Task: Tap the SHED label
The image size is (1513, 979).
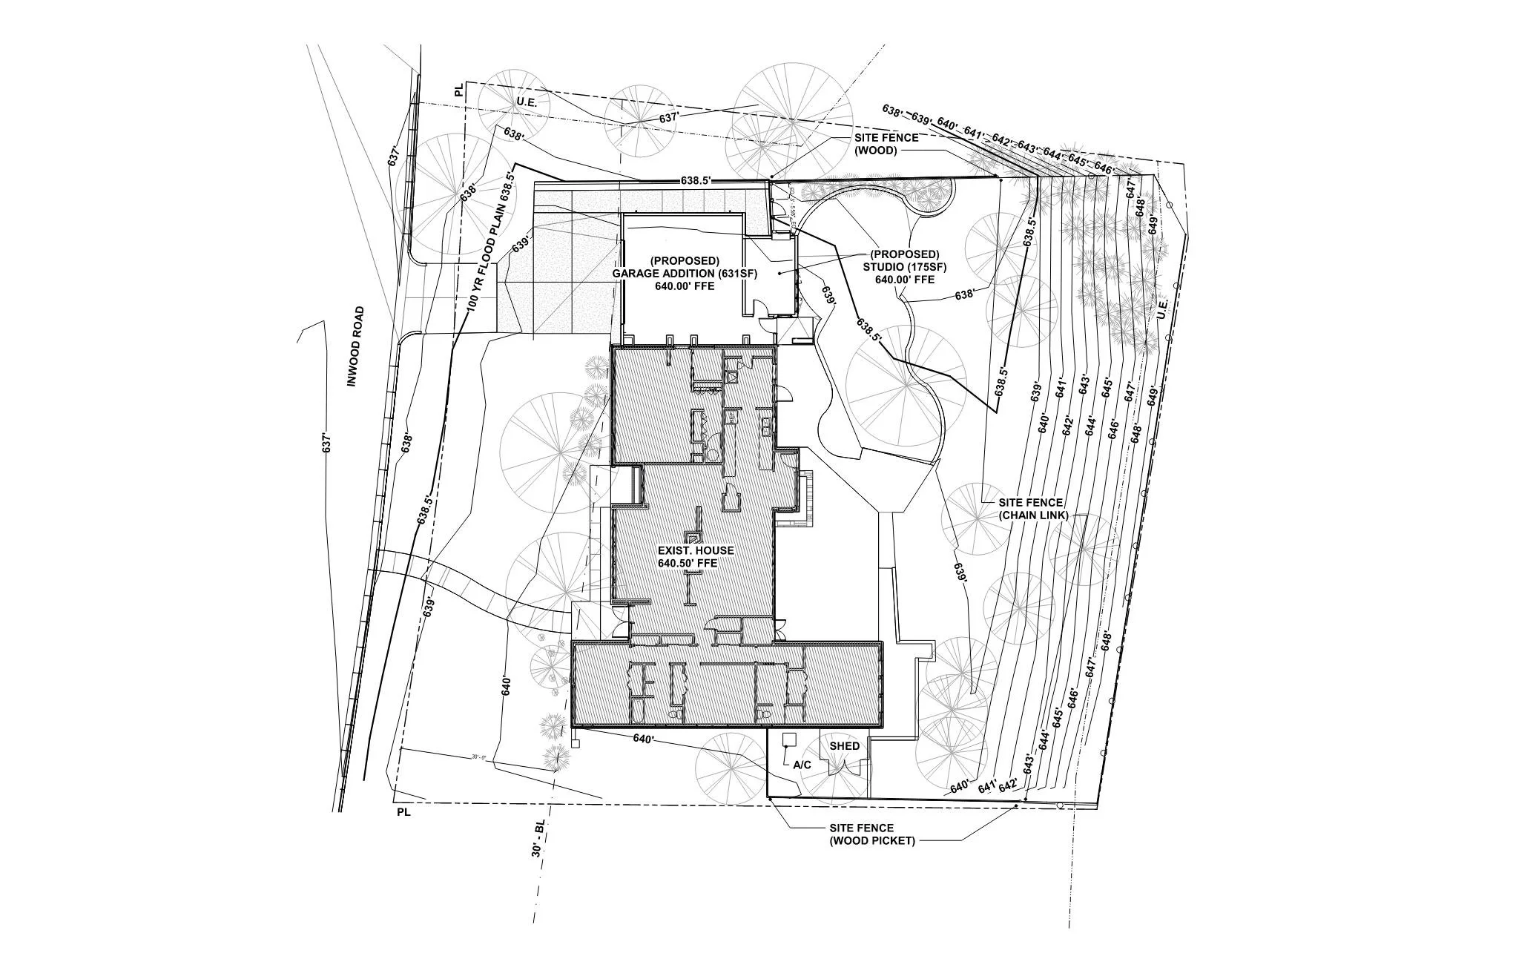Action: pyautogui.click(x=844, y=746)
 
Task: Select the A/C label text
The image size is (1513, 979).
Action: pyautogui.click(x=802, y=765)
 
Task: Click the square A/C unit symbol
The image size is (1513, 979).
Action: pyautogui.click(x=788, y=739)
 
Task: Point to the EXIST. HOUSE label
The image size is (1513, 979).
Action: pyautogui.click(x=696, y=550)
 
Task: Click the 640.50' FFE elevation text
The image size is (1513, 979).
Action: pyautogui.click(x=688, y=564)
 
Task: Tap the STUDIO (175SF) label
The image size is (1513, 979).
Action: pyautogui.click(x=904, y=267)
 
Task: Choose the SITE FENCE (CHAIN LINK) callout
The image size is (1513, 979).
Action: pyautogui.click(x=1030, y=509)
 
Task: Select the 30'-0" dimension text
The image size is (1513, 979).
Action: pyautogui.click(x=478, y=757)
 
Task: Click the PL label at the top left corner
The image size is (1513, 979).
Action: pyautogui.click(x=460, y=90)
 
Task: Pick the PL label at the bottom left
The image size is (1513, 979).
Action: pyautogui.click(x=403, y=813)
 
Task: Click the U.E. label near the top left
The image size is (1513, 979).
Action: pyautogui.click(x=527, y=101)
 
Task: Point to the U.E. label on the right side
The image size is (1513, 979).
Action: pyautogui.click(x=1162, y=306)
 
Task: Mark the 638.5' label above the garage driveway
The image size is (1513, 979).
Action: pyautogui.click(x=696, y=180)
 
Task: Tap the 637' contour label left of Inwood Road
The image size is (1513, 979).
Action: pyautogui.click(x=324, y=443)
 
